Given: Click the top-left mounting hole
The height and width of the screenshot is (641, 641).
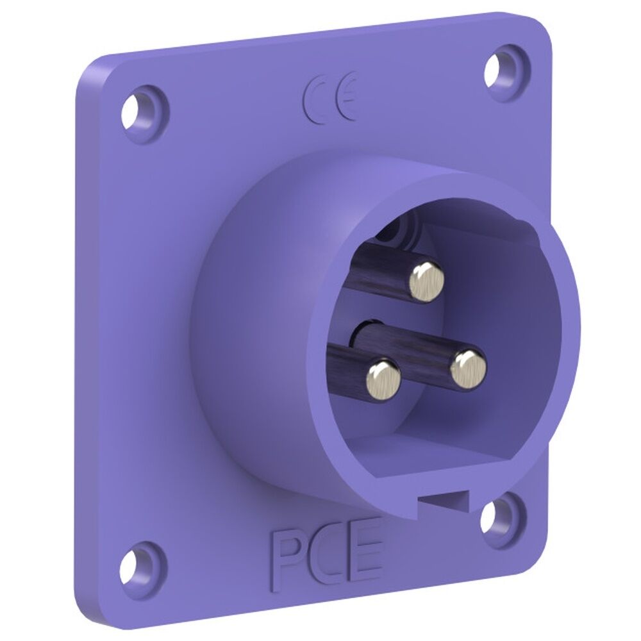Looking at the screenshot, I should [x=141, y=110].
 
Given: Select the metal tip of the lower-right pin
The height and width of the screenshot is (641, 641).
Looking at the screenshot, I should [x=468, y=369].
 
